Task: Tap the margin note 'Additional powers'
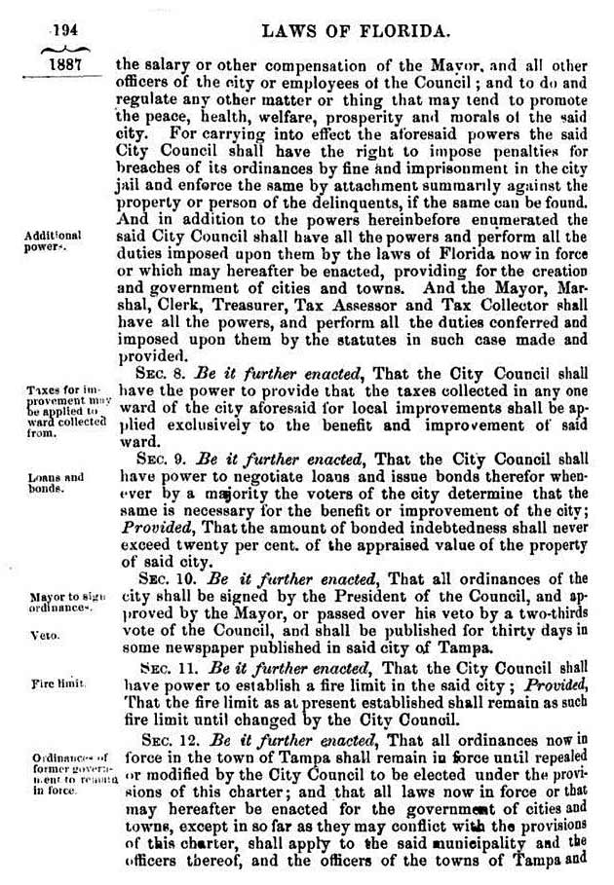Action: pyautogui.click(x=54, y=241)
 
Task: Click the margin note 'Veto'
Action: pyautogui.click(x=44, y=635)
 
